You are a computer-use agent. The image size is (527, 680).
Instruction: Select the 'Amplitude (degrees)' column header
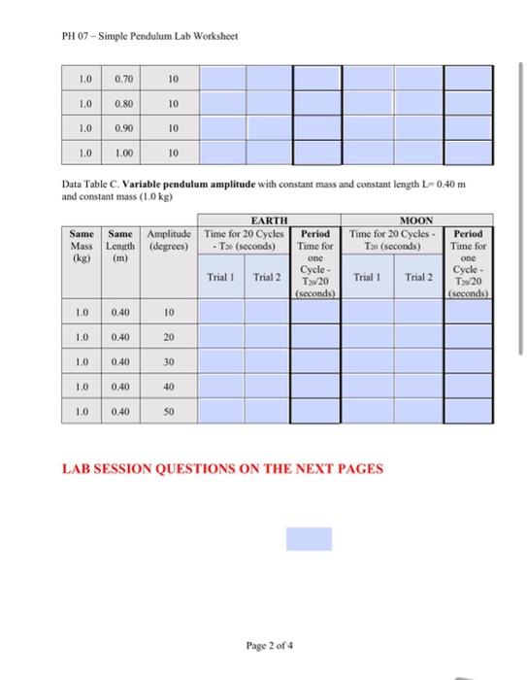(169, 240)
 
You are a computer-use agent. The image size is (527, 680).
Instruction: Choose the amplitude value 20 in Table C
(169, 337)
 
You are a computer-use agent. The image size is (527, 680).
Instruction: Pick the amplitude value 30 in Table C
(169, 361)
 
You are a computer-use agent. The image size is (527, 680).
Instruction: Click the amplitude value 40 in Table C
(169, 387)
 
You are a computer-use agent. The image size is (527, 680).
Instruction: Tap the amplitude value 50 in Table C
(169, 412)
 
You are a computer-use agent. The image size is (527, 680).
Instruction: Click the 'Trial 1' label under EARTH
(222, 278)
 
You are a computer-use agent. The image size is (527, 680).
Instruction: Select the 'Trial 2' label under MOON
(419, 278)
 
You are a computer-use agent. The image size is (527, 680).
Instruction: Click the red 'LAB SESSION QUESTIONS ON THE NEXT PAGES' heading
(222, 468)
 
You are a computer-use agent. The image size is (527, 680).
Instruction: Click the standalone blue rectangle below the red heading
(309, 539)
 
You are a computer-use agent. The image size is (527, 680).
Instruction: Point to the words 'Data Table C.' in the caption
(89, 185)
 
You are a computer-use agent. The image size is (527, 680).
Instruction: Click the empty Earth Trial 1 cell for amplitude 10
(223, 312)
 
